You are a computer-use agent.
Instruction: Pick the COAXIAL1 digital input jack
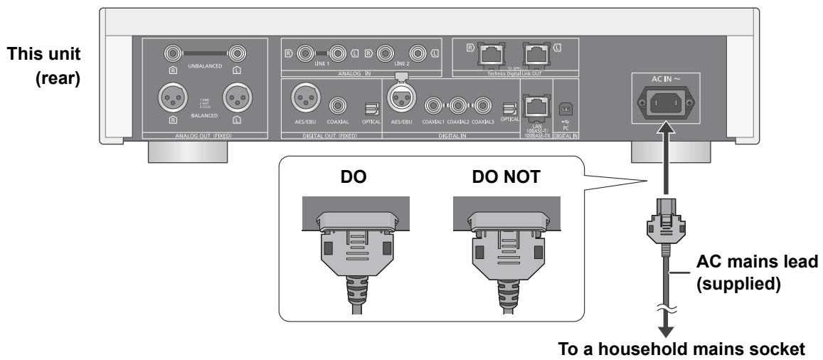pos(433,107)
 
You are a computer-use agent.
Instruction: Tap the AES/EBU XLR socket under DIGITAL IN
pos(400,107)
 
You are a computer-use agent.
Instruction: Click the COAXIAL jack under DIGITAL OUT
pos(337,107)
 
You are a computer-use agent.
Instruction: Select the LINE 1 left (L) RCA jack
pos(336,52)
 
